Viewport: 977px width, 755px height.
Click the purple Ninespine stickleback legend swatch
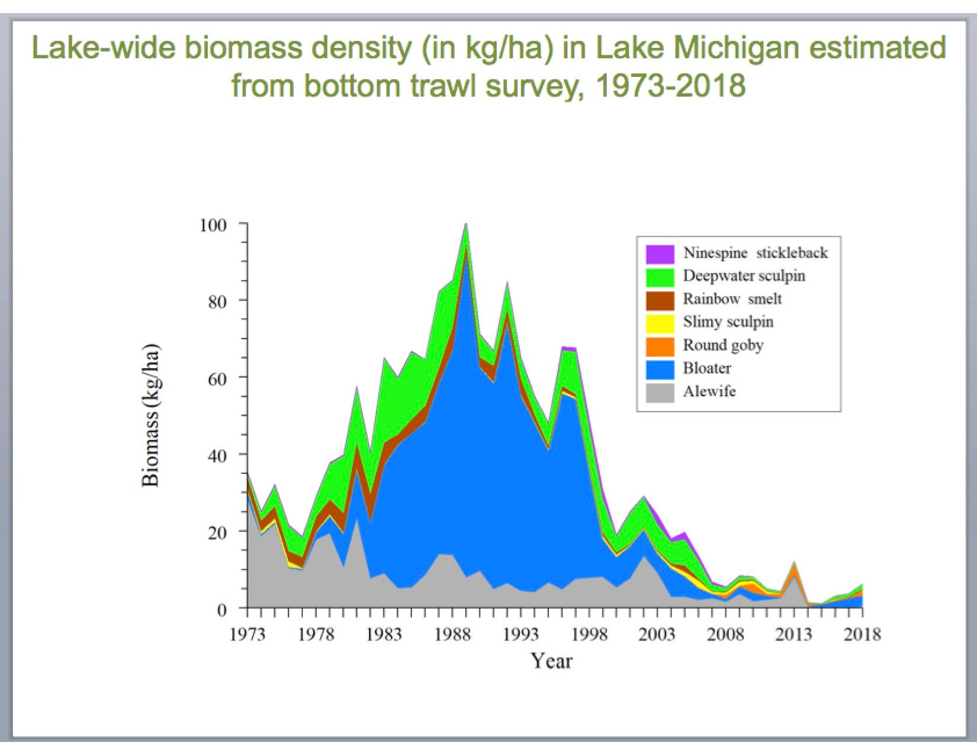point(660,254)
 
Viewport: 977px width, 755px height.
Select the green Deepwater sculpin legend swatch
point(660,278)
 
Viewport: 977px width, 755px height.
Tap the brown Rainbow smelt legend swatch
point(660,301)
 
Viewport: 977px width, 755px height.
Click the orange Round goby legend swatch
point(660,346)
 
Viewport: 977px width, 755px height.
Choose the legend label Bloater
point(707,368)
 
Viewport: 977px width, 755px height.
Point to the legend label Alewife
point(709,391)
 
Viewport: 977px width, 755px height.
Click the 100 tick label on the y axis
point(213,225)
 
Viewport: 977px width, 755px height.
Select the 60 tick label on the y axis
point(217,379)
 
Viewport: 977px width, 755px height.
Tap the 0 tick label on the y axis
point(221,610)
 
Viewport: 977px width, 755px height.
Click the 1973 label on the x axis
point(248,634)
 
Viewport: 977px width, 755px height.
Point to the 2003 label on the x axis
point(657,634)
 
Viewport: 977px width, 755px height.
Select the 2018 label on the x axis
point(862,634)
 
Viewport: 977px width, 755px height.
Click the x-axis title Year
point(552,661)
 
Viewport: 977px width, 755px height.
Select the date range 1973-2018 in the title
point(670,85)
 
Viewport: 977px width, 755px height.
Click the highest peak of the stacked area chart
point(466,223)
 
